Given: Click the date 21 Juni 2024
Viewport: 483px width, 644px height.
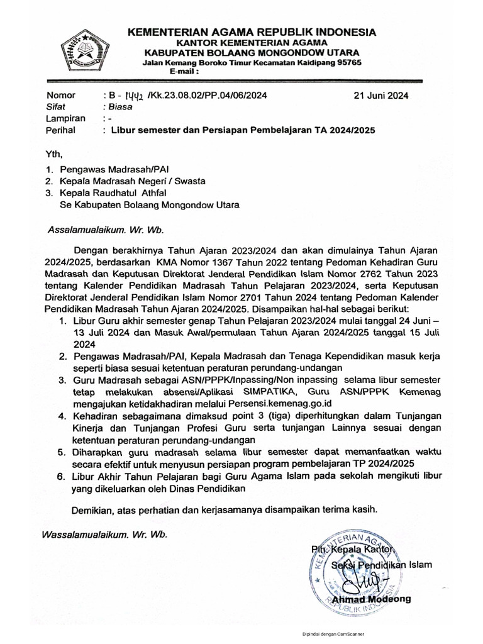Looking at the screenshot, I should click(x=381, y=96).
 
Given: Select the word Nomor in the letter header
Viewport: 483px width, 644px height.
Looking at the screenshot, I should click(x=61, y=96).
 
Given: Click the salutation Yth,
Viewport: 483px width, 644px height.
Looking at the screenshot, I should click(x=55, y=153).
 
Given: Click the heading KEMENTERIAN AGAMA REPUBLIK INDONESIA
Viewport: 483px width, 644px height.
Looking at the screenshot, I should click(x=252, y=32).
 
